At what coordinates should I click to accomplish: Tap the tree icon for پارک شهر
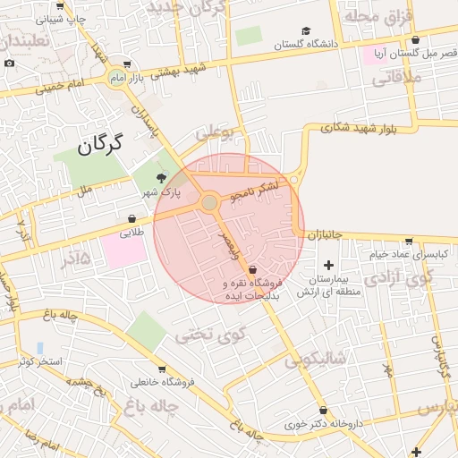click(x=161, y=178)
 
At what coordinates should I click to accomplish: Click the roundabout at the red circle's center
click(x=209, y=203)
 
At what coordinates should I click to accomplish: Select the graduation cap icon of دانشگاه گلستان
click(x=307, y=30)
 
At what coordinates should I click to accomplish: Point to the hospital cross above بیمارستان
click(x=328, y=265)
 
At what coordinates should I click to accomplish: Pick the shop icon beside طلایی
click(x=132, y=218)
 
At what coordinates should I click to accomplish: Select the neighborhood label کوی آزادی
click(x=411, y=276)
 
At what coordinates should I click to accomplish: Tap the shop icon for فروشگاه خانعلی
click(x=161, y=369)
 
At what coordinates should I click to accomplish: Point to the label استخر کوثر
click(x=38, y=361)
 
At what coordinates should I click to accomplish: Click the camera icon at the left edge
click(x=9, y=63)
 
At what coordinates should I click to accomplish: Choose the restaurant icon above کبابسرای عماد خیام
click(x=409, y=241)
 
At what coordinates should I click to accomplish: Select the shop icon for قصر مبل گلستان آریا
click(x=415, y=39)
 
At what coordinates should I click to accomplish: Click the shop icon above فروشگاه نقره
click(x=252, y=268)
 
